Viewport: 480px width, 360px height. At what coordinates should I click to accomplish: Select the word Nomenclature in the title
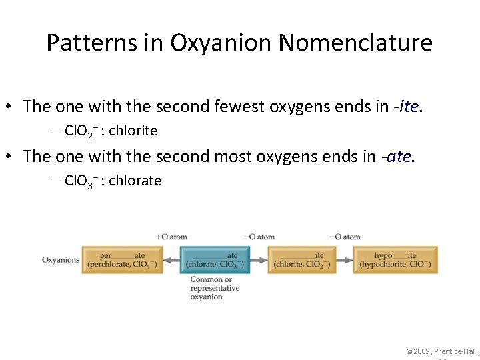tap(355, 43)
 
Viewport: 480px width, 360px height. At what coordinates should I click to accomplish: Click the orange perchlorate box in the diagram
tap(123, 260)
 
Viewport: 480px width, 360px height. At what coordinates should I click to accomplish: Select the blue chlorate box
tap(215, 260)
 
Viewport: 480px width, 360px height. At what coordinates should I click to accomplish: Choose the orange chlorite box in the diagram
tap(301, 260)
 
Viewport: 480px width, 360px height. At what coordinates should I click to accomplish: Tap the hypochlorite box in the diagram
tap(395, 260)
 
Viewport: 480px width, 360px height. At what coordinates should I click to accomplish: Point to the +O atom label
tap(171, 237)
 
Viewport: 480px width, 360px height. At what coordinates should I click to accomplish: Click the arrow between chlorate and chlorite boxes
tap(259, 260)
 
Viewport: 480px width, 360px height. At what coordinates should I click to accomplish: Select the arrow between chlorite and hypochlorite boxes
tap(344, 260)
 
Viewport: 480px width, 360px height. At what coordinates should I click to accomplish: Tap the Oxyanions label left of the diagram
tap(61, 260)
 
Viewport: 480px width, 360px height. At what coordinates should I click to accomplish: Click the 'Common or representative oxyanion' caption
tap(215, 288)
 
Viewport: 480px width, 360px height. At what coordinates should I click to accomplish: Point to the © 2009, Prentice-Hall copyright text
tap(442, 351)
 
